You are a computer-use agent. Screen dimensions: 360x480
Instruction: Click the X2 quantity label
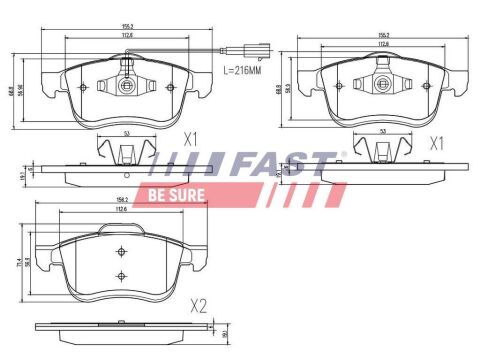pos(199,306)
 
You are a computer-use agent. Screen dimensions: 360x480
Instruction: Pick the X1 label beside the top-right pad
pos(435,143)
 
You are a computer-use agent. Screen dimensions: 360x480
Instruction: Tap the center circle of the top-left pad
pos(126,86)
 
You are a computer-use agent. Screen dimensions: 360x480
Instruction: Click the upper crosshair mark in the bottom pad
pos(120,251)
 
